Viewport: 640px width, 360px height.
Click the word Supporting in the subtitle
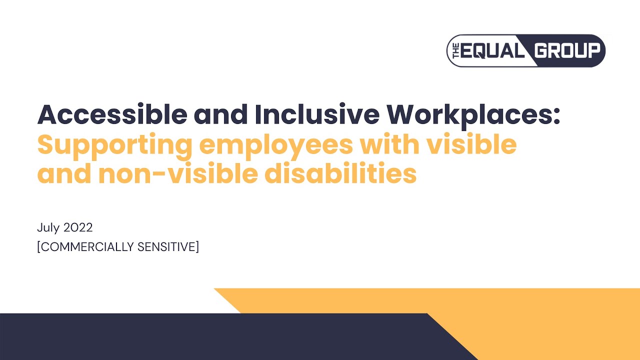pos(114,145)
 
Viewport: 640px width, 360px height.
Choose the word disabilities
pos(340,174)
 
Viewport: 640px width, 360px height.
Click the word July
pos(48,227)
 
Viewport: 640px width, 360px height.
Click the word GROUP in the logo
pos(567,50)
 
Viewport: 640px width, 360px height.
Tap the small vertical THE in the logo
pos(455,51)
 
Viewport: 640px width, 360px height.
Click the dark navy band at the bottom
pos(200,337)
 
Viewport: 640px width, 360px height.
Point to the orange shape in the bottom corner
pos(550,320)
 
